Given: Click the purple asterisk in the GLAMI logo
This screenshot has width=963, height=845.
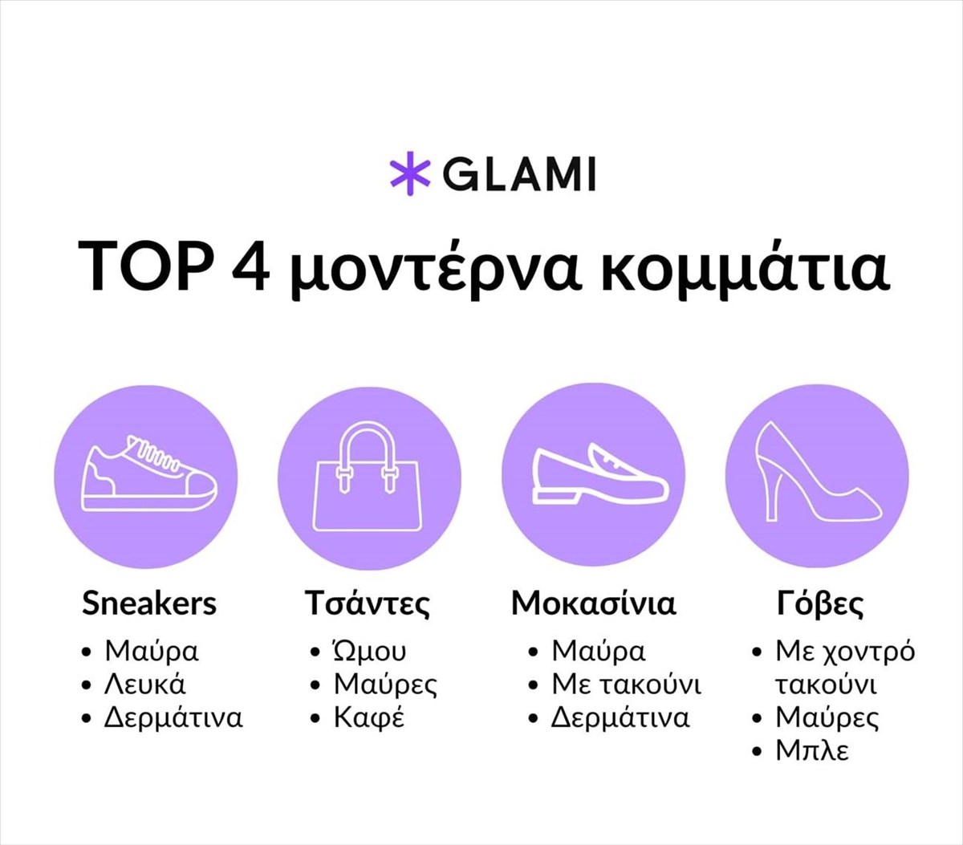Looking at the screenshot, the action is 410,173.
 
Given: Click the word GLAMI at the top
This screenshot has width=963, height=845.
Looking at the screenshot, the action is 519,174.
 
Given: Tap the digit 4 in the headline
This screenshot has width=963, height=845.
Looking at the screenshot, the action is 250,266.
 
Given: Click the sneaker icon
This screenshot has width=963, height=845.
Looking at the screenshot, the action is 149,473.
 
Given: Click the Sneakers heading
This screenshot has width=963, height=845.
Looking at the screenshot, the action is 149,603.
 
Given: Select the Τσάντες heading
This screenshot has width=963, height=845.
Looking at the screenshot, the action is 367,603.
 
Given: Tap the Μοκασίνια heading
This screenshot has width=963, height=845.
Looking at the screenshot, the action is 593,603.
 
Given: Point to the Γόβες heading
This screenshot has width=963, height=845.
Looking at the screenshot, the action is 820,604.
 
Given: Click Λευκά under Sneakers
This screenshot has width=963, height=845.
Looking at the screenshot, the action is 145,685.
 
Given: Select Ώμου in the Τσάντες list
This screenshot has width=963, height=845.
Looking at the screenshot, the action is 369,651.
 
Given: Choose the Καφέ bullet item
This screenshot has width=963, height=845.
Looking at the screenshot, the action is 369,718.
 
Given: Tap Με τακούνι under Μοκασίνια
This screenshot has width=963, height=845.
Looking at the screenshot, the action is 627,685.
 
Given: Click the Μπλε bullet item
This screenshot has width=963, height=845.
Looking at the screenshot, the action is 812,751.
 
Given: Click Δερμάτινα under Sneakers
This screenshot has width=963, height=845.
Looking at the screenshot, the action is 173,717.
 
